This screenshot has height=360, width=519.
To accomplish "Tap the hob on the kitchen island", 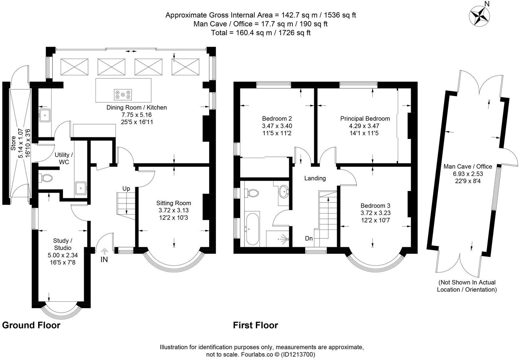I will click(x=123, y=94).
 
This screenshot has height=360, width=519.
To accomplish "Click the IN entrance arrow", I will click(x=105, y=252).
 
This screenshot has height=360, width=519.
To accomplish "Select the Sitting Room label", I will click(x=173, y=203).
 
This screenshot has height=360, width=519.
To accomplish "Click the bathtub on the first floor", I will click(x=252, y=229).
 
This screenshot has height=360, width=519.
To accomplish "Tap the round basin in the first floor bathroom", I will click(x=284, y=191).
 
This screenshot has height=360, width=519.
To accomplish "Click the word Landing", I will click(x=315, y=178).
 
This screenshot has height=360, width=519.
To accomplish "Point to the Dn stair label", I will click(x=309, y=239).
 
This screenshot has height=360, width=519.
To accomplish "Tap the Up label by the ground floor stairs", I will click(x=126, y=188).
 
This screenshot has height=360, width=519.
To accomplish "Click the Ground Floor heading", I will click(x=31, y=325).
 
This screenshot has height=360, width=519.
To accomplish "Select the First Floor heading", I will click(x=255, y=325).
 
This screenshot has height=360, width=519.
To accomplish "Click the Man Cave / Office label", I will click(x=467, y=166).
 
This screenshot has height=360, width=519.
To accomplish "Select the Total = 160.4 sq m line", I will click(x=260, y=33).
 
